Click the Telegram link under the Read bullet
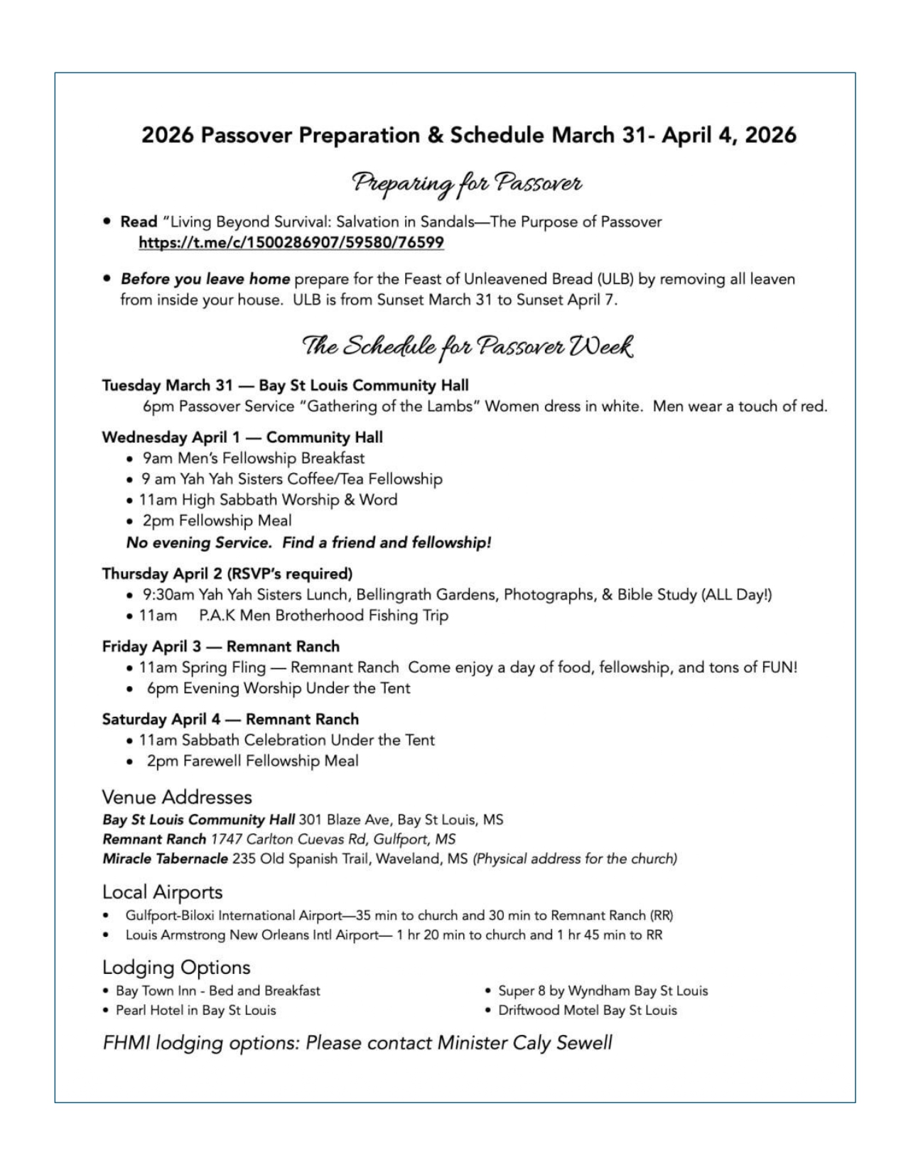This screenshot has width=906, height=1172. click(291, 243)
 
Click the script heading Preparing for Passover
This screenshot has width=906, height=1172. click(467, 183)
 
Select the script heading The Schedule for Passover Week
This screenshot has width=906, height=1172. click(467, 347)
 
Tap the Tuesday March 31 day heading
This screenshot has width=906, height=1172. click(167, 386)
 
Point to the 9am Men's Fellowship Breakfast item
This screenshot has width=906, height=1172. click(254, 458)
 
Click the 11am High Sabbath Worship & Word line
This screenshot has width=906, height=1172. click(268, 500)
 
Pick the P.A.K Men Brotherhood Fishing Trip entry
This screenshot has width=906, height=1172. click(323, 616)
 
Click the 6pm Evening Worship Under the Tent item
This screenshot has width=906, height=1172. click(279, 688)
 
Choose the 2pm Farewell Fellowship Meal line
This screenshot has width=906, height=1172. click(252, 761)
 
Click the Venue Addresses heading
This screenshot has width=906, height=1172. click(177, 797)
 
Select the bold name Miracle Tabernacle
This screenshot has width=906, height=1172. click(165, 859)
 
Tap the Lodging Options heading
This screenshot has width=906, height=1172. click(176, 967)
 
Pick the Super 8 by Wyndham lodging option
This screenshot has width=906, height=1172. click(603, 991)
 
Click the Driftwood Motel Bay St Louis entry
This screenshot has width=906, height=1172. click(587, 1010)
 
